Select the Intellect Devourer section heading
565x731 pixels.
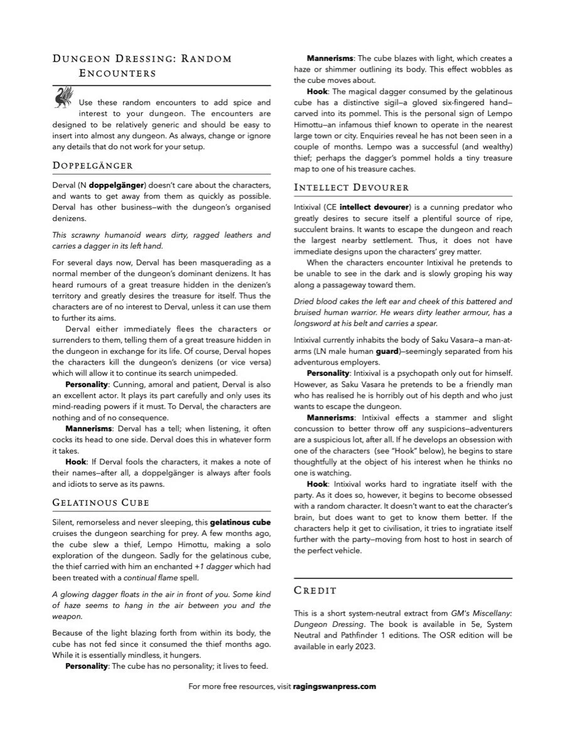351,187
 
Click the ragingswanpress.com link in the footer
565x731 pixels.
334,686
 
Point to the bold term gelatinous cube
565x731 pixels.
240,522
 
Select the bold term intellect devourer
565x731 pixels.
374,206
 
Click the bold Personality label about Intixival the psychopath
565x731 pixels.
328,373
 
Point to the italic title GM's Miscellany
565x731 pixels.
480,613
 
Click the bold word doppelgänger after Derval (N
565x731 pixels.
117,186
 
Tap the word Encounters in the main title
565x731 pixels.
117,73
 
